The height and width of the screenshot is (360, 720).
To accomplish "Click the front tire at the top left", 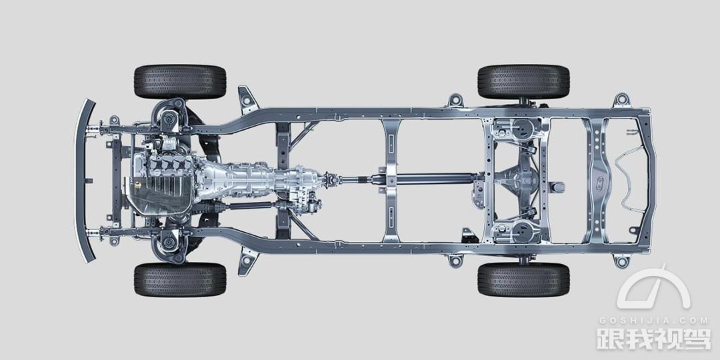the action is coord(180,82).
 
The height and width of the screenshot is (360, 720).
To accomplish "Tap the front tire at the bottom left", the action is coord(180,279).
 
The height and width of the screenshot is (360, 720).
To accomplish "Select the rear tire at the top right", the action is coord(523,82).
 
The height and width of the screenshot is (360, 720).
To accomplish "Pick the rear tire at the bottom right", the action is coord(523,279).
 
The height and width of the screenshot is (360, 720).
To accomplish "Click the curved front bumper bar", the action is coord(82,181).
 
